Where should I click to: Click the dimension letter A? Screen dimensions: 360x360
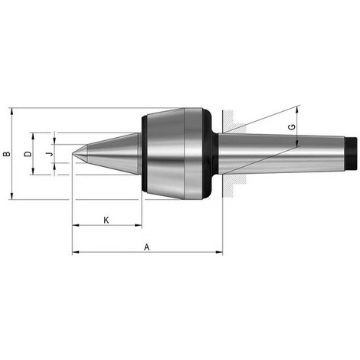[146, 247]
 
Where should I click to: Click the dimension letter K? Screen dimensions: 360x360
[106, 220]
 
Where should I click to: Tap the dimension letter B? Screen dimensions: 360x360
[7, 154]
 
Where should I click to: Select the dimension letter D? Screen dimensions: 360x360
[28, 154]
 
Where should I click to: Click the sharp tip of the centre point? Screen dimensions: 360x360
[73, 154]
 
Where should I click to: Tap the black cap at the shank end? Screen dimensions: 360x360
[351, 153]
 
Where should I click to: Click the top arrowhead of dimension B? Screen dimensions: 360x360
[11, 111]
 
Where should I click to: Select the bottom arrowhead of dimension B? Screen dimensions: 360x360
[11, 196]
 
